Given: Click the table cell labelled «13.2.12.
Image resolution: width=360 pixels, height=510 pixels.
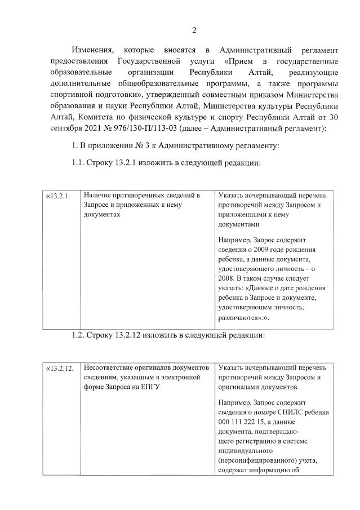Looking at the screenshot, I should pos(59,369).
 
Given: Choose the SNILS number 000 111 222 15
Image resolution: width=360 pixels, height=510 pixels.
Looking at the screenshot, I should pos(244,422).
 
